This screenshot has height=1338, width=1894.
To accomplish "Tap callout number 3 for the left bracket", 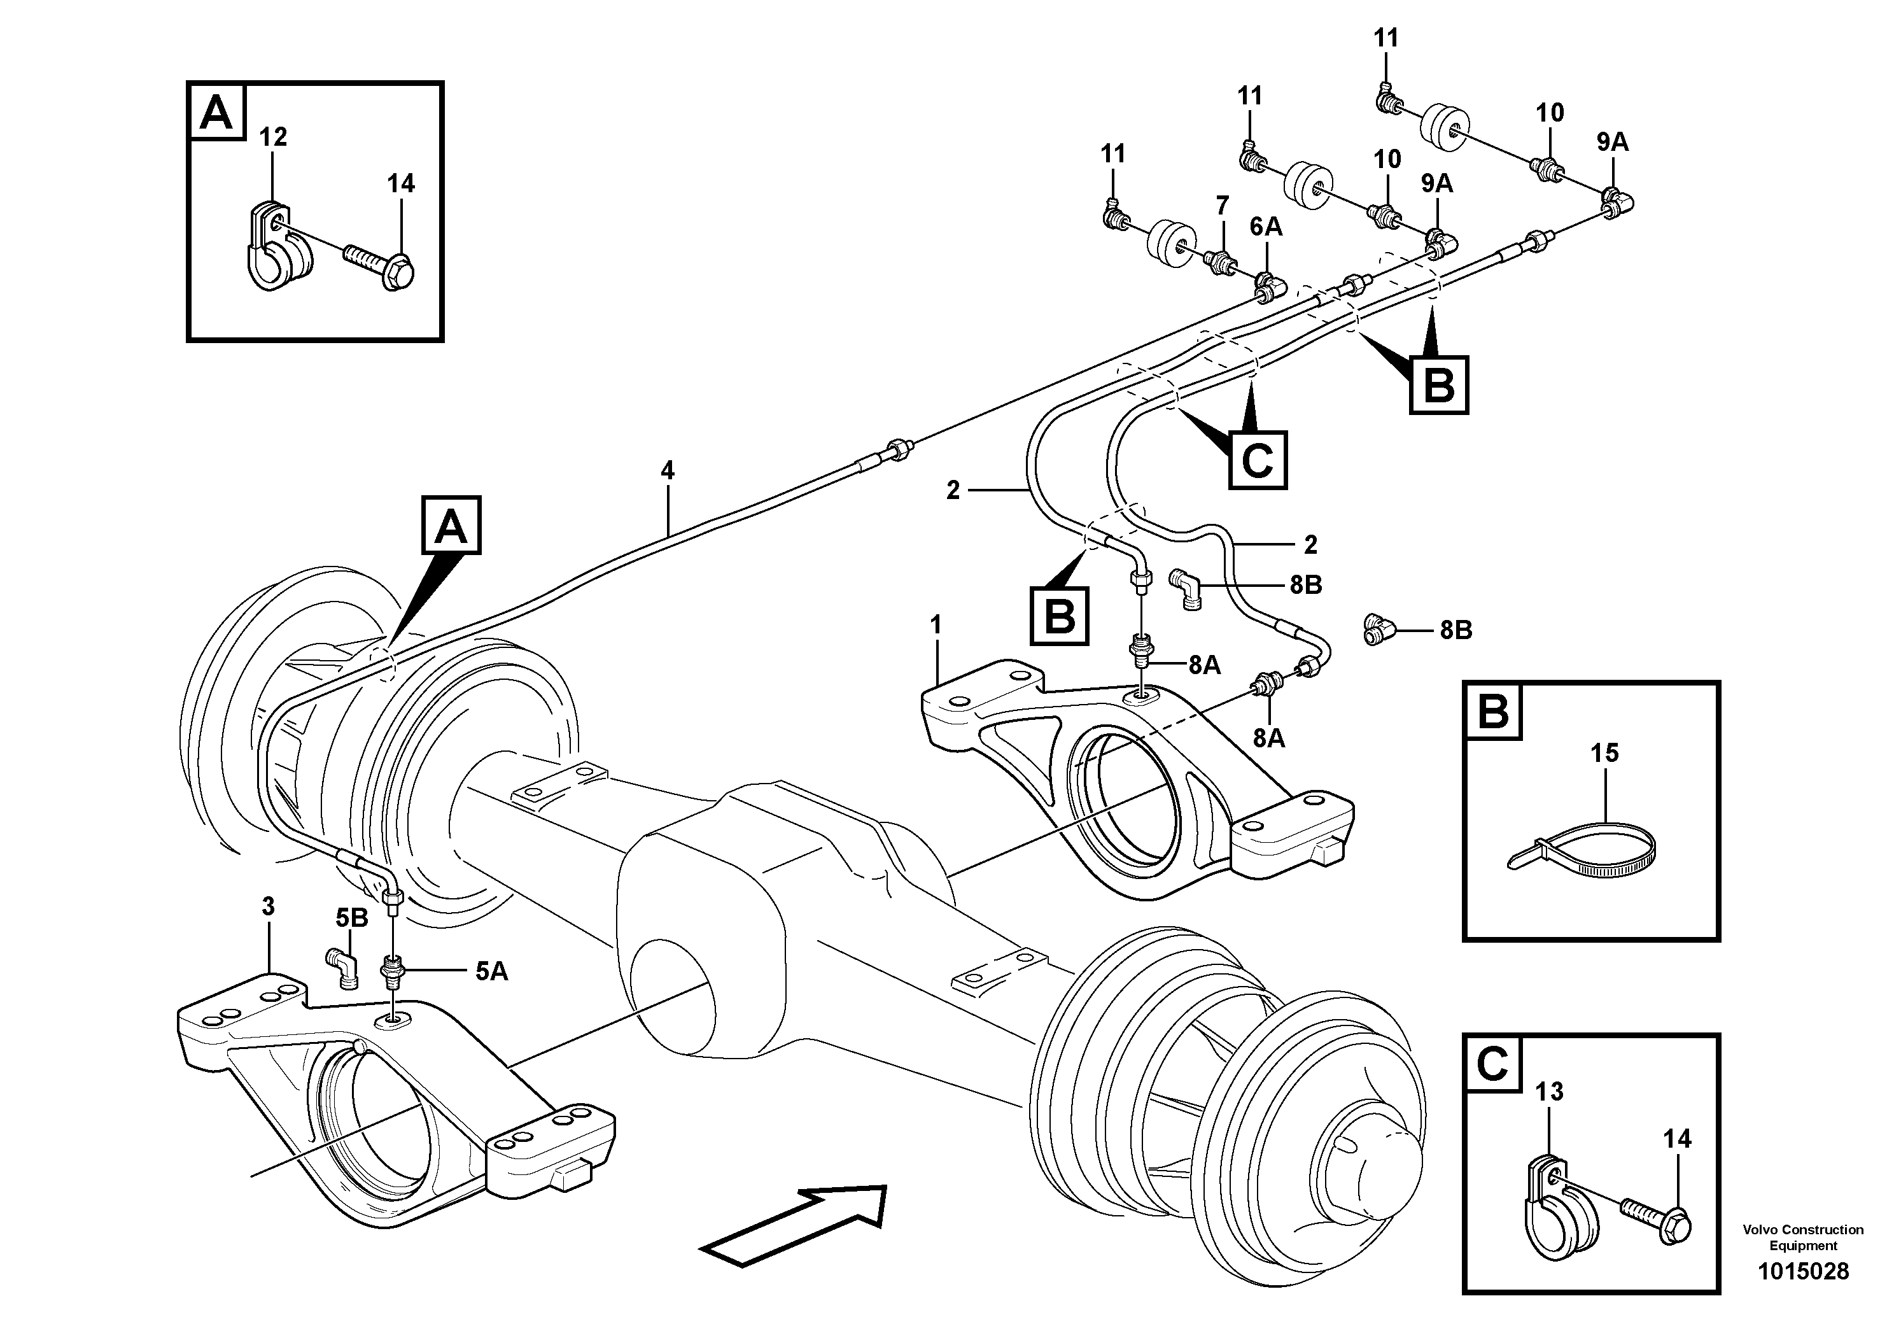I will [268, 906].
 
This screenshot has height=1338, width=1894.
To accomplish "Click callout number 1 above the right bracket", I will [936, 625].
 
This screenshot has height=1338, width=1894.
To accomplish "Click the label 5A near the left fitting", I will [492, 972].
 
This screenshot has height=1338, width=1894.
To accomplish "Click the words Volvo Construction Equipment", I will [1803, 1237].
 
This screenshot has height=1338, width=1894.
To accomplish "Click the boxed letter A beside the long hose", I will [451, 526].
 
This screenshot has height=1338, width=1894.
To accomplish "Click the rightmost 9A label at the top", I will [1613, 142].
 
